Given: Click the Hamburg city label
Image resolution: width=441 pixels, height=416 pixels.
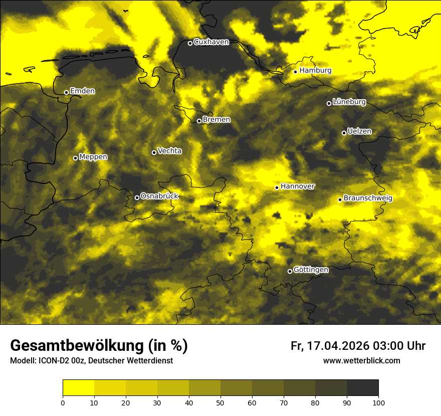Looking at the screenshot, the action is coord(315,71).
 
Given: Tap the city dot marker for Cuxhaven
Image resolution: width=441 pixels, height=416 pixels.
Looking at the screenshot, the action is coord(190,43).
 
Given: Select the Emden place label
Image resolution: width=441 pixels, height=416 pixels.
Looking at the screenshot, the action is coord(82,91).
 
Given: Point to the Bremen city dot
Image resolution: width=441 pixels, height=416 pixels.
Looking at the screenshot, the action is coord(199,121).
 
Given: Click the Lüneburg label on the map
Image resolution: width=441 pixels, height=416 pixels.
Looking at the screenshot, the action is coord(349,102).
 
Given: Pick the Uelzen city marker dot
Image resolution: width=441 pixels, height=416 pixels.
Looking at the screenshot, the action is coord(344,133).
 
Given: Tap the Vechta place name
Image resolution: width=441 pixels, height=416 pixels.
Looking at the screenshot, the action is coord(169,151).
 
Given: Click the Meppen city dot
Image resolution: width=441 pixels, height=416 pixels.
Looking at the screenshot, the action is coord(75,158).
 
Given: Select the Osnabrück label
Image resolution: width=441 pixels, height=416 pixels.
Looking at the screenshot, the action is coord(159,196).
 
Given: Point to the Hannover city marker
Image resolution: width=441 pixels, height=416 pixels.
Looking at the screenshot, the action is coord(277,187).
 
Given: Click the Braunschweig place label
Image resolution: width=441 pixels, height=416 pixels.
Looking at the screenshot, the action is coord(368,198).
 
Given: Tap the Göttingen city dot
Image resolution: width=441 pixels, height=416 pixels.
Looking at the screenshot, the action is coord(290,272).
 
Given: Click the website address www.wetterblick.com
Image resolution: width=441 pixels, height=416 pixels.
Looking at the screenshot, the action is coord(361,361).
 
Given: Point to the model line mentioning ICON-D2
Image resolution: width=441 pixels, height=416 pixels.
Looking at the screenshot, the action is coord(91,361).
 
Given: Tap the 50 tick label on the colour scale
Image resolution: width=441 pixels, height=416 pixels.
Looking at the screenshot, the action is coord(220,402).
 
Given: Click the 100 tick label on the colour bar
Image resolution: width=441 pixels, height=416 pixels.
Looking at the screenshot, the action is coord(378,402).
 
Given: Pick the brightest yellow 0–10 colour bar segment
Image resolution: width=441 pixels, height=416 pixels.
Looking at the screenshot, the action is coord(79,388).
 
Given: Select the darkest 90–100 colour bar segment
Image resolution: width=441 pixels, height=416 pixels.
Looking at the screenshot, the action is coord(362,388).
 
